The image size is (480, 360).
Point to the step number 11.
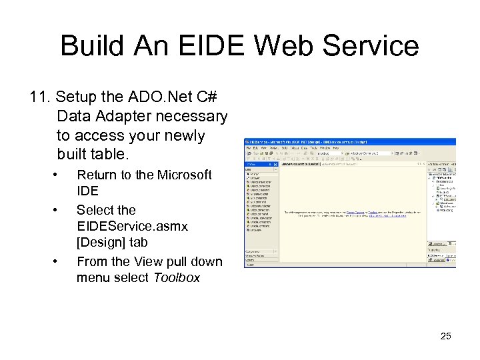point(41,97)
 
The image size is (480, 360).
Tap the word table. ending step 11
point(113,154)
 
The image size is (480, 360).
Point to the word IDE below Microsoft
point(87,191)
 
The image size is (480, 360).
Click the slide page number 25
point(445,336)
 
